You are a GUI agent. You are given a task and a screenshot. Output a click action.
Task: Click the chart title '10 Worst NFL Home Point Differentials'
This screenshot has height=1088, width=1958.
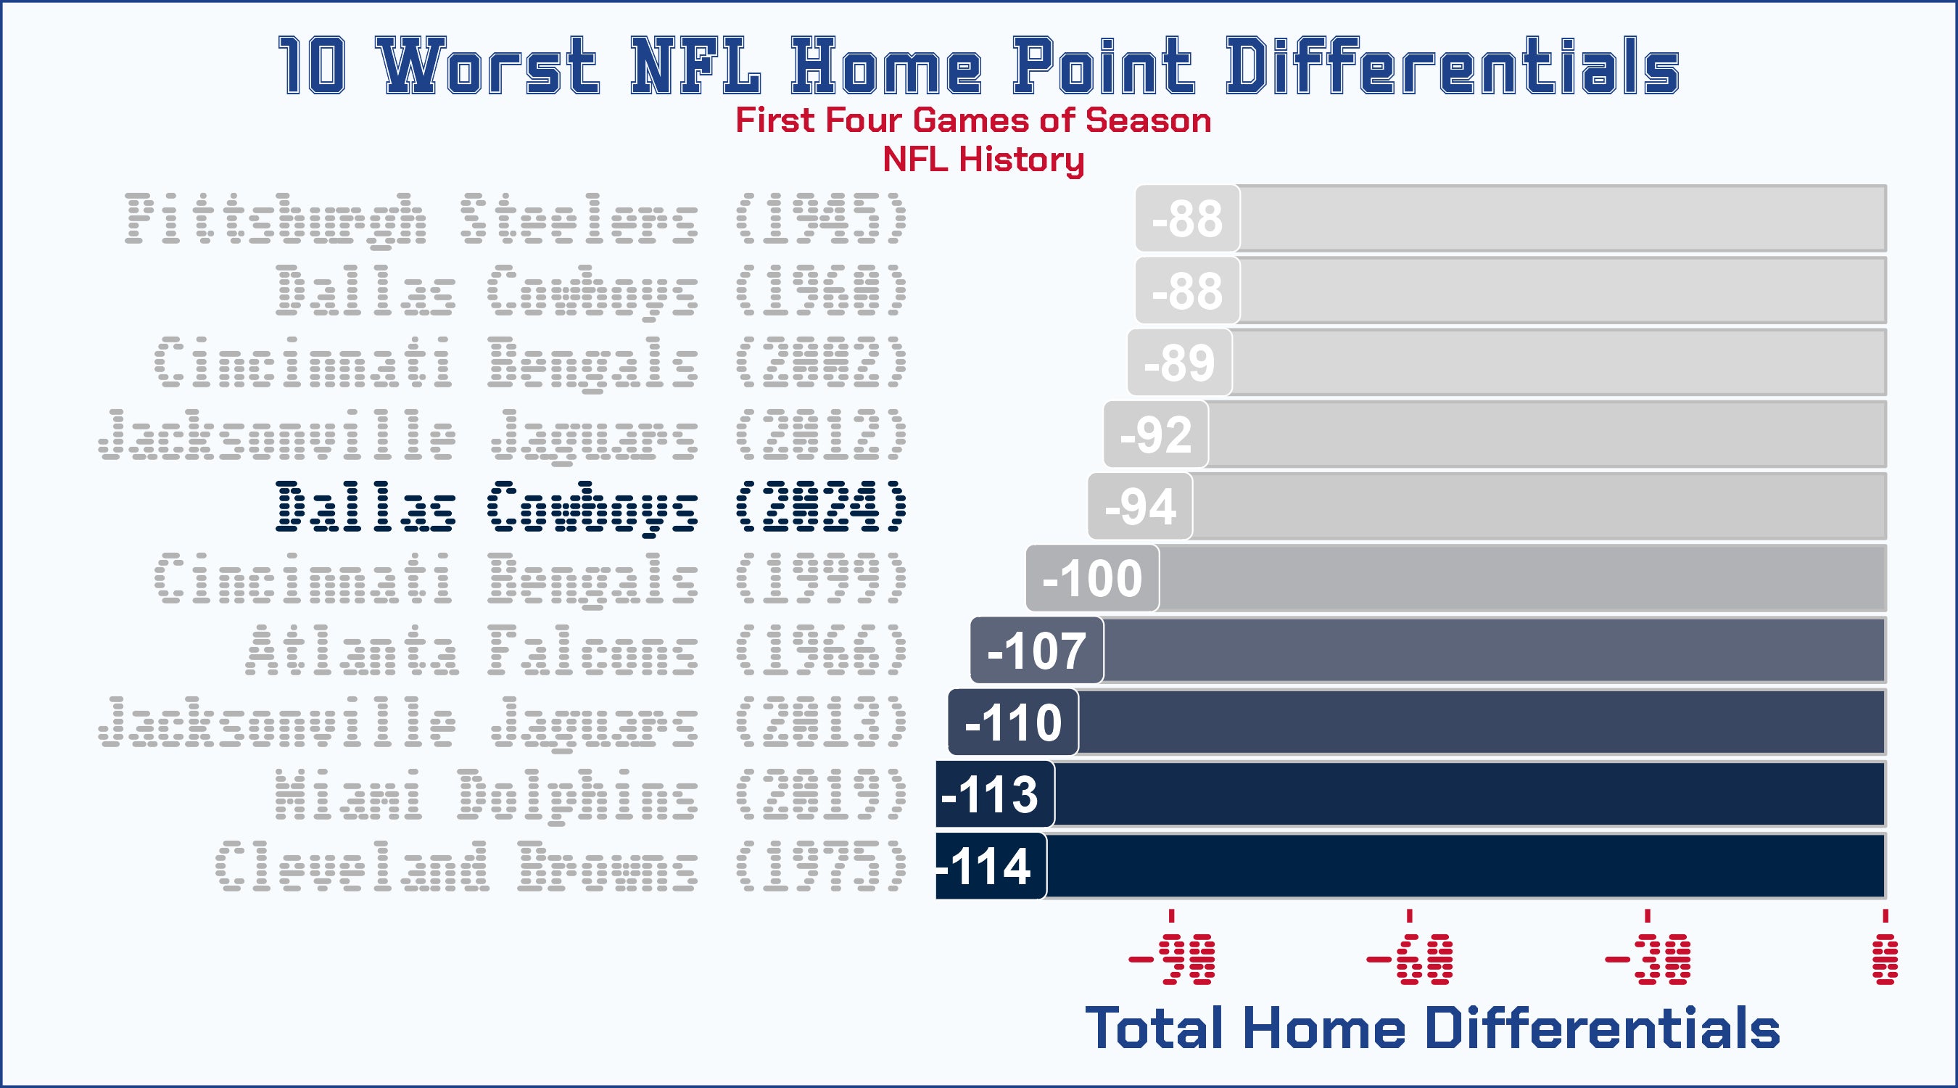point(978,66)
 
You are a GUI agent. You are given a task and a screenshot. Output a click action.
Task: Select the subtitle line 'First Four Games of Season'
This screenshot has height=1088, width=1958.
point(973,121)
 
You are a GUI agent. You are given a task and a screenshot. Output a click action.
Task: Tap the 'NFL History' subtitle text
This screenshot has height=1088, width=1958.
point(983,160)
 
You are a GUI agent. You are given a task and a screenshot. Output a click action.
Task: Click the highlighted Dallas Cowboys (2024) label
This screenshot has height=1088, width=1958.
point(591,506)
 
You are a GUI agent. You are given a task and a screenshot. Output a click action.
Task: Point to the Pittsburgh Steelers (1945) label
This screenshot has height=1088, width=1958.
point(516,219)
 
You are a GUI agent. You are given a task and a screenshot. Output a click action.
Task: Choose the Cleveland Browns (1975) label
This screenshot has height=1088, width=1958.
point(561,866)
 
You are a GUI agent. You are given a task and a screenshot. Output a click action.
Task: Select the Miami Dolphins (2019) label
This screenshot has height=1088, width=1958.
point(591,794)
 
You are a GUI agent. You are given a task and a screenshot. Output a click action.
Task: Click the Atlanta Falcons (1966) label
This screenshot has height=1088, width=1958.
point(576,650)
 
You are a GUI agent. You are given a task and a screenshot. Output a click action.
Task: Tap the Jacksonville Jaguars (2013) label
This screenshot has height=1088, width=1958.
point(503,722)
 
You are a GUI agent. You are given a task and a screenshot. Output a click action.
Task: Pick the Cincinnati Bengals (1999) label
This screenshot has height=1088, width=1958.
point(531,579)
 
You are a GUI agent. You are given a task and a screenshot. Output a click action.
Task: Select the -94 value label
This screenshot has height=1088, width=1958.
point(1140,506)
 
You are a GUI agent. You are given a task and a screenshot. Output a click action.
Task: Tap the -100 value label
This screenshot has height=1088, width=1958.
point(1092,579)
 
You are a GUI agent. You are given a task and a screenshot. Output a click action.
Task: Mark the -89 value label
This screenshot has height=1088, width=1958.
point(1179,363)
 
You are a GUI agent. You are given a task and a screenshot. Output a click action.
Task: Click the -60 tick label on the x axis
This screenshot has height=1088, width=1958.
point(1409,960)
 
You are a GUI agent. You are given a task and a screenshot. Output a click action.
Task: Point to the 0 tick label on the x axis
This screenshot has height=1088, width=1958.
point(1885,960)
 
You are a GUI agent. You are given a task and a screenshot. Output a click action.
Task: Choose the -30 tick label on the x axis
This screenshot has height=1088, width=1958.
point(1647,960)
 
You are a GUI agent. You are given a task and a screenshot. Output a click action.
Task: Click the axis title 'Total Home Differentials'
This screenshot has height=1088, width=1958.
point(1432,1028)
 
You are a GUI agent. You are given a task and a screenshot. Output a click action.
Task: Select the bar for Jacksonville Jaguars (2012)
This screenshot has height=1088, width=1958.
point(1543,434)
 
